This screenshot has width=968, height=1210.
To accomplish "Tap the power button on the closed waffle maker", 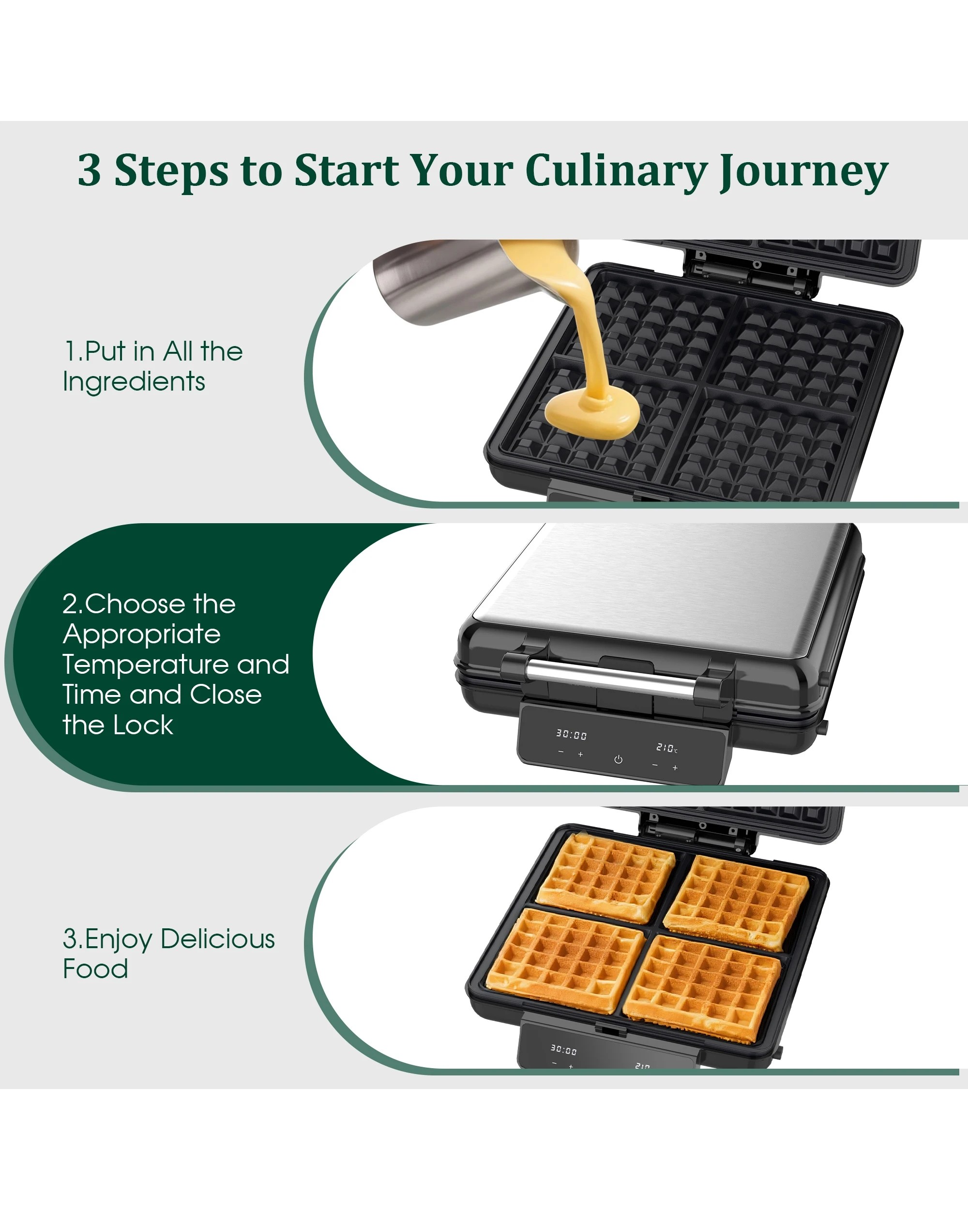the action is (x=618, y=759).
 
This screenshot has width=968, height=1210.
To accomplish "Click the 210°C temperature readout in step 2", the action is (x=666, y=748).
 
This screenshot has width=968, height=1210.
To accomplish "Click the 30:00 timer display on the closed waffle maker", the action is (x=571, y=735).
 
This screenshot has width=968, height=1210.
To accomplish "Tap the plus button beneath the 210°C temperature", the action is (x=675, y=767).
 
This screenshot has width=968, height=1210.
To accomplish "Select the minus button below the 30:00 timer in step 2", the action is (x=560, y=752).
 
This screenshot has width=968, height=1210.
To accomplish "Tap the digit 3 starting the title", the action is (x=90, y=169).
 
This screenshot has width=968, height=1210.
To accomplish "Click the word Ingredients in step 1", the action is (x=134, y=382).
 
